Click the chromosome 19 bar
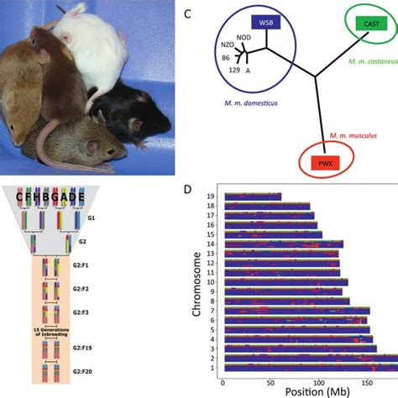(x=252, y=197)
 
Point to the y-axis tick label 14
(x=213, y=244)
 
